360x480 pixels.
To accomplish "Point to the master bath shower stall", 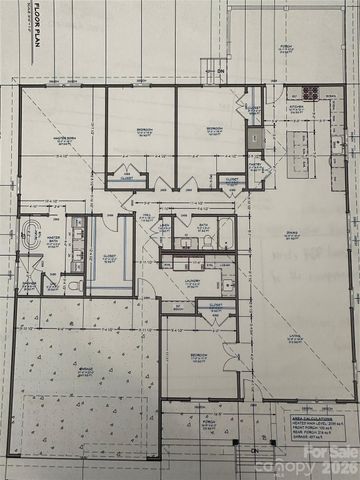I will pos(31,268).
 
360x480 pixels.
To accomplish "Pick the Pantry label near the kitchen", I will pos(254,165).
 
